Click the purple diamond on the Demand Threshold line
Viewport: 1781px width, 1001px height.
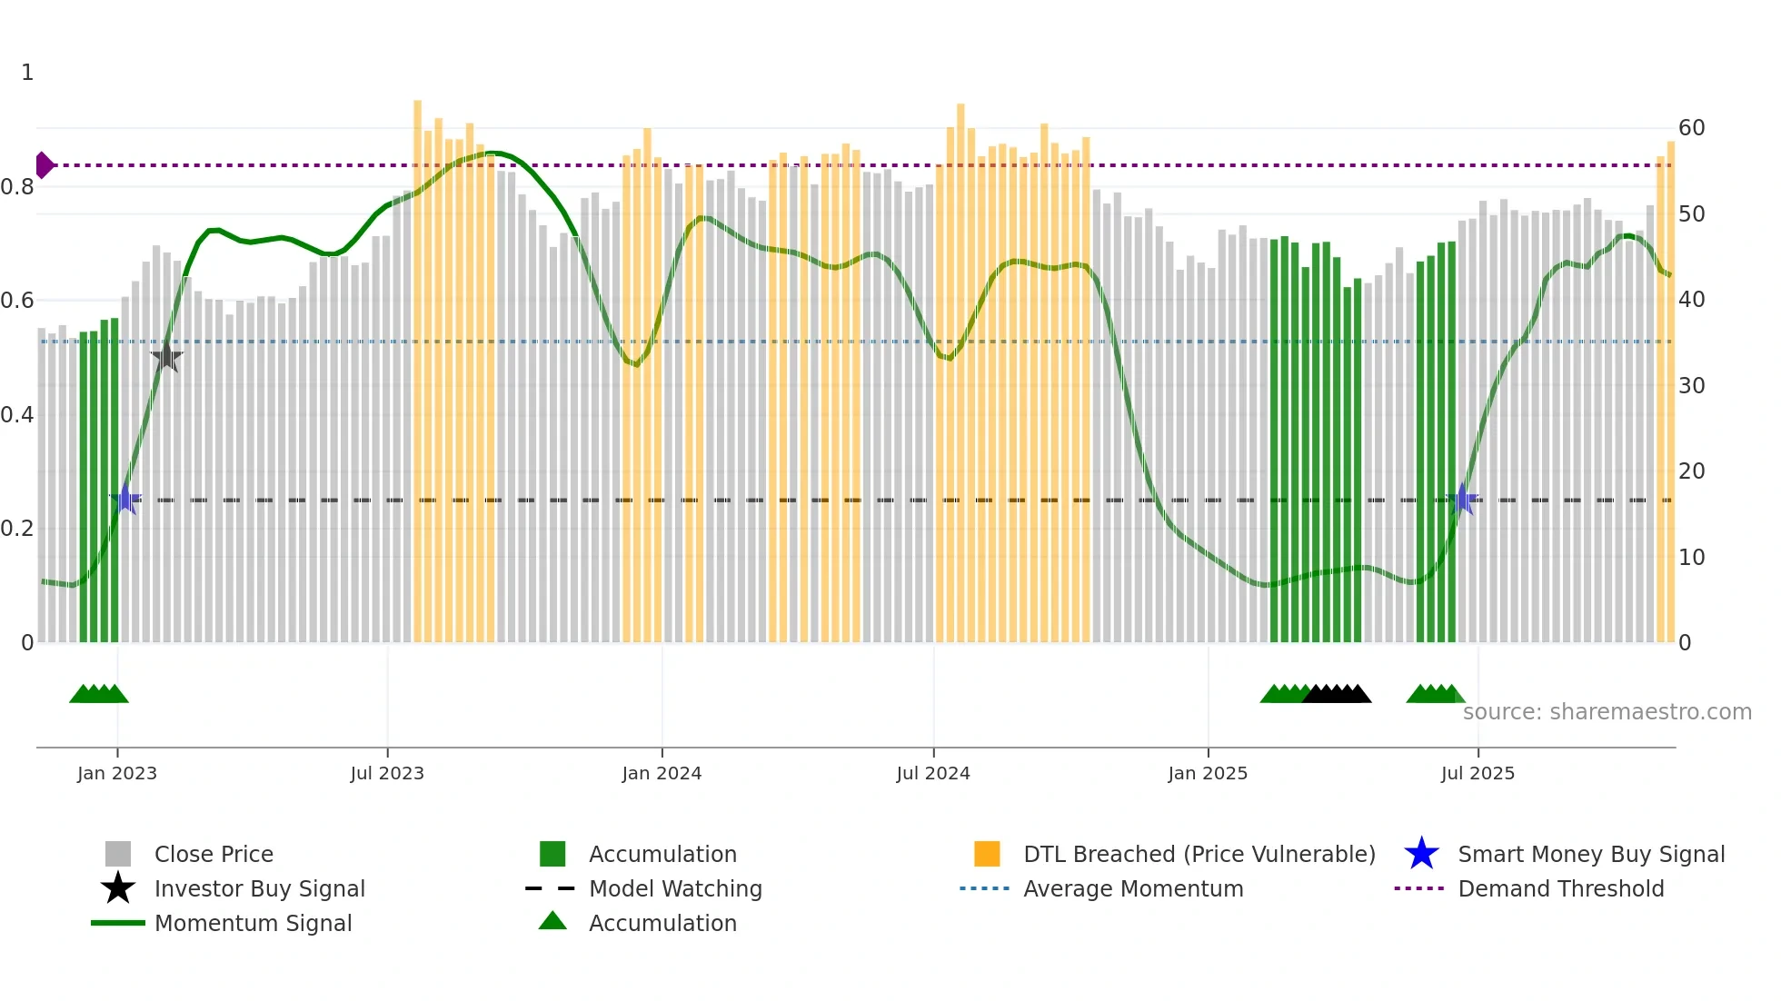44,165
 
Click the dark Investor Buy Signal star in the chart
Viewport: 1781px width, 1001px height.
166,357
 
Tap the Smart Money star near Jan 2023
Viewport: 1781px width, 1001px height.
126,499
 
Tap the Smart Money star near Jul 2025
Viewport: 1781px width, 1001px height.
1463,499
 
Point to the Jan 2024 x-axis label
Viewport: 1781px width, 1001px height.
662,773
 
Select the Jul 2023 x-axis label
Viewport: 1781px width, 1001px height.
387,773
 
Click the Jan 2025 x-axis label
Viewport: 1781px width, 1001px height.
1208,773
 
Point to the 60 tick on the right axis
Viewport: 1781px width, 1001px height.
1691,128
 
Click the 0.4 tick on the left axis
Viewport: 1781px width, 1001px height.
17,415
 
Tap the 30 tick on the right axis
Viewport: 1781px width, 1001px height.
1691,386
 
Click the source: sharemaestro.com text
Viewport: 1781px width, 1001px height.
1607,712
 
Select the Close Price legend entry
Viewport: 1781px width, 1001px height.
214,854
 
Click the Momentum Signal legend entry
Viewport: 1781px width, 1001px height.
253,923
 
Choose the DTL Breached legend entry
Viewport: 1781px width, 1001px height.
1199,854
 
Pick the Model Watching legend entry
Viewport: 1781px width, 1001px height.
675,888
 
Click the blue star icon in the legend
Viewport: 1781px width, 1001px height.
1421,854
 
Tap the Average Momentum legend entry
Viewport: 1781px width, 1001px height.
1132,888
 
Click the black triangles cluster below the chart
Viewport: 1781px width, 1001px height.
1337,694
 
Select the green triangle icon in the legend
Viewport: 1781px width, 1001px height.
552,921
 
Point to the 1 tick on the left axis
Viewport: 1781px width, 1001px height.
27,73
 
